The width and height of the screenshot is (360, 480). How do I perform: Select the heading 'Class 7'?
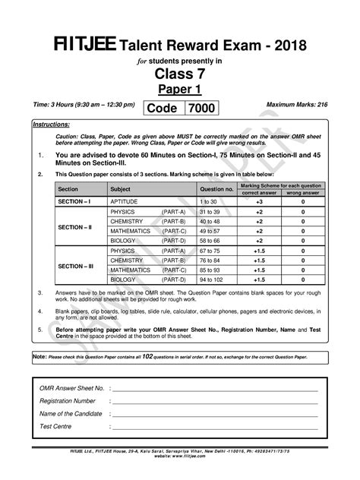click(x=179, y=74)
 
